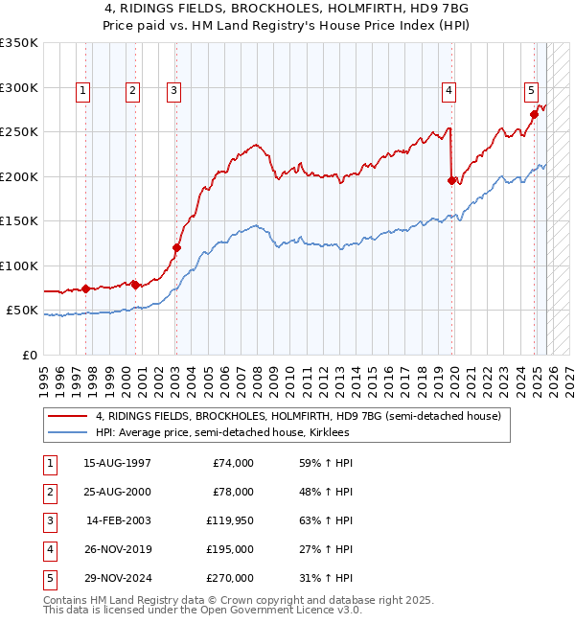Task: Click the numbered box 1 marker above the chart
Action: point(83,91)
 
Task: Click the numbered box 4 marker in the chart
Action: point(448,91)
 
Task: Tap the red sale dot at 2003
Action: point(176,248)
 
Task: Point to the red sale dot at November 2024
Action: point(534,114)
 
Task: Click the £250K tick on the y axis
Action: point(20,132)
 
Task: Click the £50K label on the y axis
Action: point(24,311)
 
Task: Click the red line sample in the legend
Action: point(67,417)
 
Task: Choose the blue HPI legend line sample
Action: point(67,433)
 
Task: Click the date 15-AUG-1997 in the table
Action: point(117,463)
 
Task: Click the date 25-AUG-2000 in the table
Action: point(117,492)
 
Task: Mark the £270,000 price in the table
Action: point(230,578)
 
